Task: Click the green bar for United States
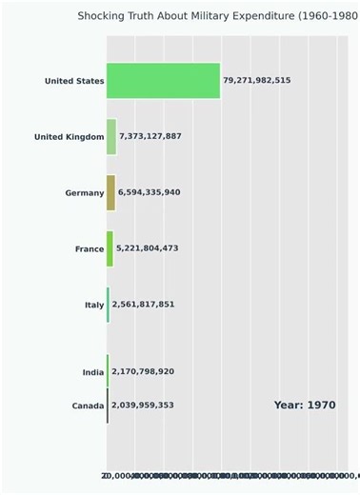tap(163, 81)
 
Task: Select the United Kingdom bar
tap(111, 137)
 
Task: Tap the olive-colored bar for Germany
tap(110, 192)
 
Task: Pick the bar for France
tap(110, 248)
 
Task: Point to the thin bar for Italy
tap(108, 305)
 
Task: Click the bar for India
tap(108, 371)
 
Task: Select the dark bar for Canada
tap(108, 406)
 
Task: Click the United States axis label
tap(74, 81)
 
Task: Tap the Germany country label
tap(85, 193)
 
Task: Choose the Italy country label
tap(94, 305)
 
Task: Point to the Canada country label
tap(88, 406)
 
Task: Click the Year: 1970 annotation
tap(305, 406)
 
